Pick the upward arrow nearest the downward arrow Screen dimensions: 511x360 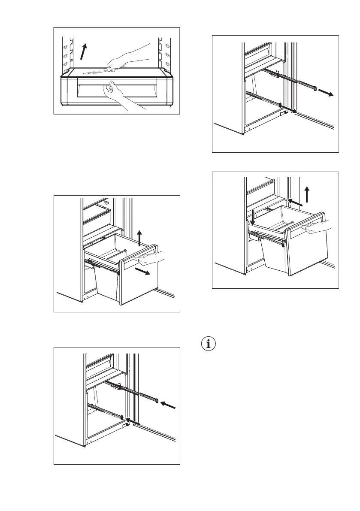click(307, 194)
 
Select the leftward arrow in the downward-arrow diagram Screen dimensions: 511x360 click(296, 203)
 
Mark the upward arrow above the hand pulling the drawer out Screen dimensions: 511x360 click(139, 238)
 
